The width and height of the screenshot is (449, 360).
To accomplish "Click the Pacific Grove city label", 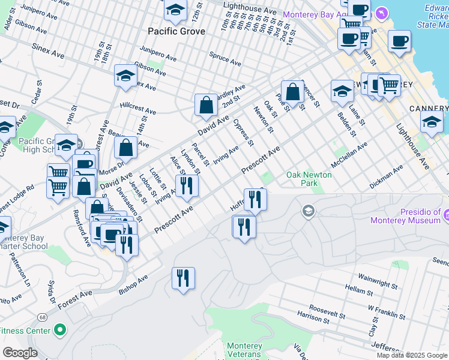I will (176, 31).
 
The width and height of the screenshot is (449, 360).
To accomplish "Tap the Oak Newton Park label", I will (309, 178).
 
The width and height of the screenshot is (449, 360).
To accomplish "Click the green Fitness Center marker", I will (59, 329).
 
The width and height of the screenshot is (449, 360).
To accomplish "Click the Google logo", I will (19, 353).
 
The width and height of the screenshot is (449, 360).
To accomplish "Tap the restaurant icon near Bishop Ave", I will (183, 278).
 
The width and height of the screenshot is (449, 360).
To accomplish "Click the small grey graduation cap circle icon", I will (308, 211).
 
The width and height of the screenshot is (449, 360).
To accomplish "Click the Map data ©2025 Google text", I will (412, 355).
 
